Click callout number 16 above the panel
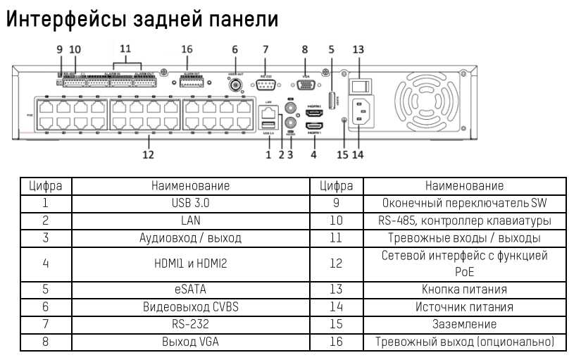187,49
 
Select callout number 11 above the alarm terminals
125,49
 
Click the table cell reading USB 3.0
190,204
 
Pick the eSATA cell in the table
190,288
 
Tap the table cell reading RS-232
190,325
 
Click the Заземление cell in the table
464,325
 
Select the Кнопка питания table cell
464,289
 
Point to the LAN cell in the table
190,221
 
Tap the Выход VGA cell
190,342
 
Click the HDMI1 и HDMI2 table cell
190,263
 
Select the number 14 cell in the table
336,307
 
